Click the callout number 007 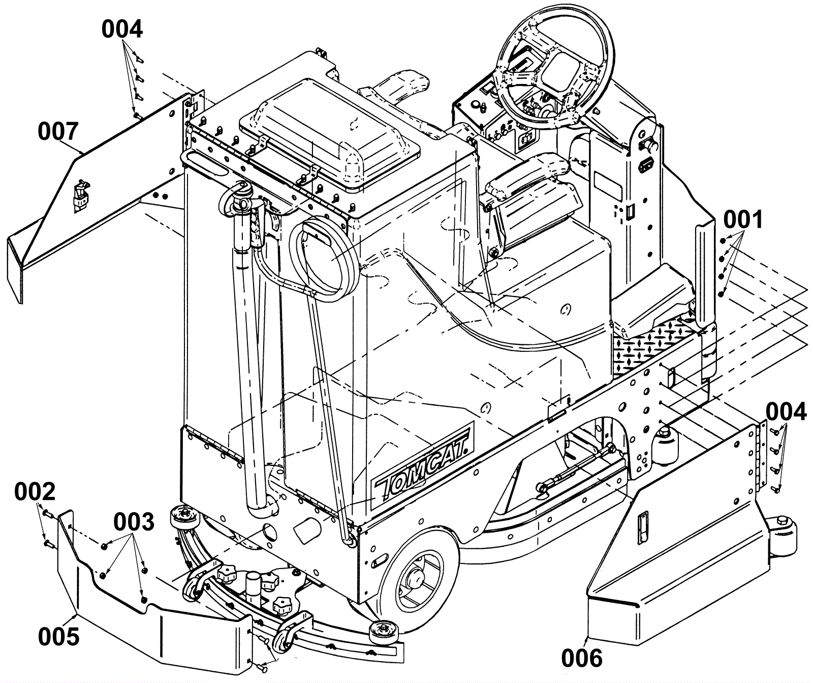click(x=58, y=132)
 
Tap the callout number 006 click(x=582, y=658)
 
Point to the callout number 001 click(x=743, y=220)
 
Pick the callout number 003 click(x=134, y=522)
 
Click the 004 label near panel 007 click(x=122, y=29)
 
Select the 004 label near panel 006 click(x=786, y=411)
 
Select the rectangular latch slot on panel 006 click(x=642, y=523)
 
